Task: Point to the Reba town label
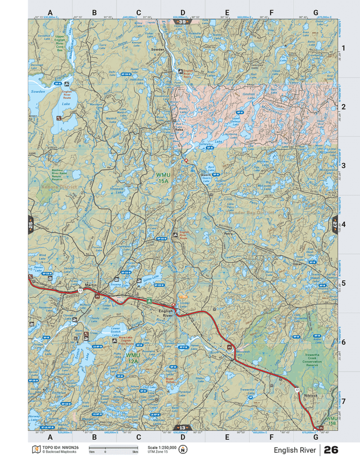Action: (x=179, y=130)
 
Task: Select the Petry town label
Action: (x=228, y=233)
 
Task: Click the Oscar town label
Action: (x=298, y=263)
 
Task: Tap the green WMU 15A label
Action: (x=163, y=178)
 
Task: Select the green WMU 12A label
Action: (x=133, y=358)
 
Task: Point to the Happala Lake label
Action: (x=116, y=191)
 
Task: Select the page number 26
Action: (x=331, y=450)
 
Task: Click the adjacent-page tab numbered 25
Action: (x=31, y=224)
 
